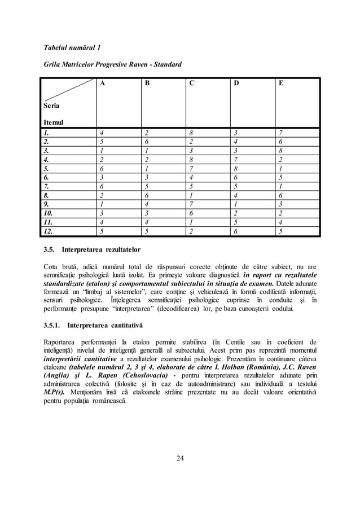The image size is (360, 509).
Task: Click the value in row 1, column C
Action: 191,132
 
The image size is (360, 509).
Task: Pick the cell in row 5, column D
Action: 235,168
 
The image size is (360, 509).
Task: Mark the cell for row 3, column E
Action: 280,150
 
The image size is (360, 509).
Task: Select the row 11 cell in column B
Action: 146,222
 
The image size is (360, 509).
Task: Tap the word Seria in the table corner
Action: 52,106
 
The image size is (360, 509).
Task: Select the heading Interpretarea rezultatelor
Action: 104,249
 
